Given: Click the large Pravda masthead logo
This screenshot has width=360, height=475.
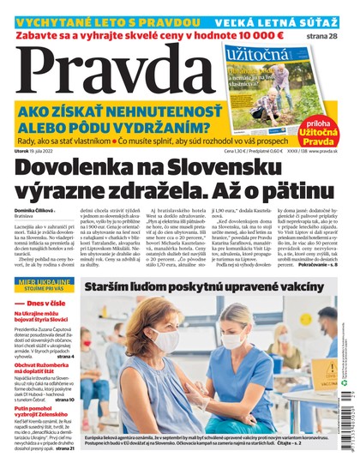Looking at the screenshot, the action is pos(111,75).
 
